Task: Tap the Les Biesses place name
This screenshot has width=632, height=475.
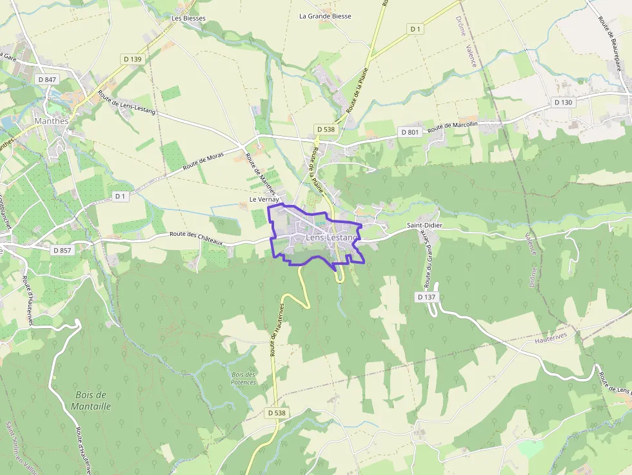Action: tap(188, 18)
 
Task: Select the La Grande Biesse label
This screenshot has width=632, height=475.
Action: tap(325, 16)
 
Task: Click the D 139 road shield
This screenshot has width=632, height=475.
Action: tap(132, 59)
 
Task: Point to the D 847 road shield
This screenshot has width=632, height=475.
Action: tap(48, 79)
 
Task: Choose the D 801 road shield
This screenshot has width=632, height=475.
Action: tap(410, 132)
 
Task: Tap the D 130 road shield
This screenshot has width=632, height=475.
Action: tap(563, 102)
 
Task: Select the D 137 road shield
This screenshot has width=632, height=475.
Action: tap(427, 297)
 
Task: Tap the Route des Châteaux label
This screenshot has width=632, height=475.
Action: tap(196, 238)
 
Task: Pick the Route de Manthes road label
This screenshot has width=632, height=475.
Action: tap(261, 173)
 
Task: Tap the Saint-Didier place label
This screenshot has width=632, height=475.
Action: tap(424, 226)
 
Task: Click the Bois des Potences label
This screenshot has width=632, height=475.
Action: tap(244, 378)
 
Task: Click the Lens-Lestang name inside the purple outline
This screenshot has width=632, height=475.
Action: tap(331, 238)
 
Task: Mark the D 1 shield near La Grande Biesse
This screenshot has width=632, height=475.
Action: tap(415, 29)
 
